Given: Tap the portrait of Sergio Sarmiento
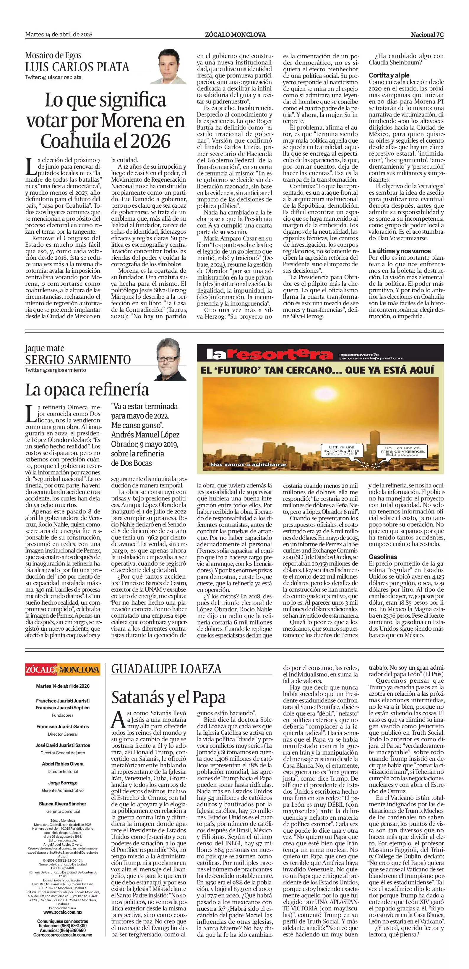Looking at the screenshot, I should pos(171,359).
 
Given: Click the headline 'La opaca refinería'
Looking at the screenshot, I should pos(87,390).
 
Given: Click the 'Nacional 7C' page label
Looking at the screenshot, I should pos(427,35).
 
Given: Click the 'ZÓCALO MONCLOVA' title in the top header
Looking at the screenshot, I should pos(235,35).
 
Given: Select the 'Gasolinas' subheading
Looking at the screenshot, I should pos(383,556).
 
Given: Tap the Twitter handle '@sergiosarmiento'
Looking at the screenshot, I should pos(56,370).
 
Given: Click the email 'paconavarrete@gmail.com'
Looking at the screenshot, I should pos(371,358).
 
